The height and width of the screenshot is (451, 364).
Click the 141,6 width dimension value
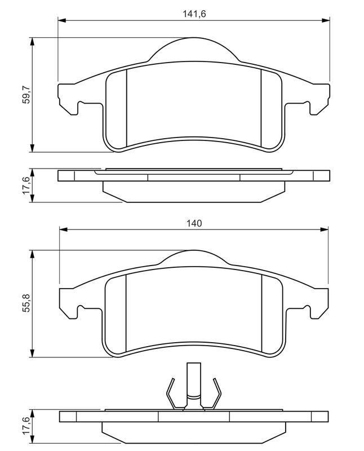(193, 14)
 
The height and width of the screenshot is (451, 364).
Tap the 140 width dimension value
(194, 223)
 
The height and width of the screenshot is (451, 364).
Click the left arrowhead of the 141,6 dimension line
(62, 21)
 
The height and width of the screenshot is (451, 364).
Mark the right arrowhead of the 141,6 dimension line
(325, 21)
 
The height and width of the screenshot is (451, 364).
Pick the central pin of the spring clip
(193, 383)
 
